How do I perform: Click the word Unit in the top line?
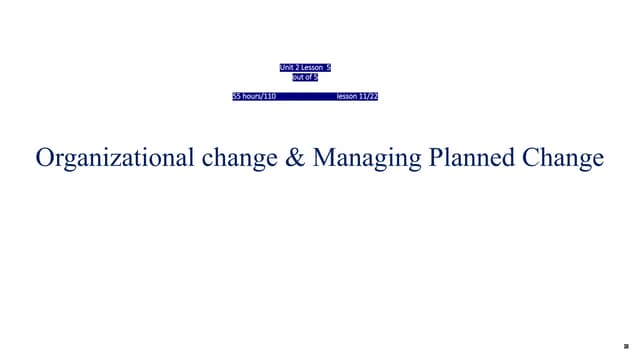287,68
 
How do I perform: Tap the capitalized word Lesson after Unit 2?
312,68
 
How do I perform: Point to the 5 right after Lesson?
328,68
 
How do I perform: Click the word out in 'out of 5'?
297,77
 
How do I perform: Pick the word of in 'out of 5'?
308,77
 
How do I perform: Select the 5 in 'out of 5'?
315,77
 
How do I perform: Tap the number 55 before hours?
237,96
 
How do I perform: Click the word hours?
252,96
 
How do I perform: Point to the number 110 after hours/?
269,96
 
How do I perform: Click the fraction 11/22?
368,96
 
